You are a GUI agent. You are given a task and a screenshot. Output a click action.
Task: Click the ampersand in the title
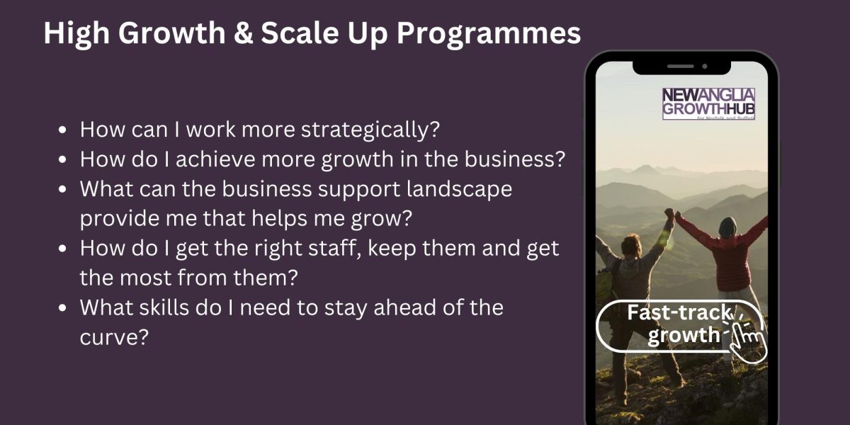coord(243,33)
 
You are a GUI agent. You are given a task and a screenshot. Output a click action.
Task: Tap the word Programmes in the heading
coord(489,34)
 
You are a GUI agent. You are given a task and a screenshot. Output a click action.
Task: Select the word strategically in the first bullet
coord(370,130)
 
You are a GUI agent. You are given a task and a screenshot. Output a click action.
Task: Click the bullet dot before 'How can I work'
coord(63,130)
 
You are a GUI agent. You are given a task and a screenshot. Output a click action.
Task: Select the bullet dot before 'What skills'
coord(63,307)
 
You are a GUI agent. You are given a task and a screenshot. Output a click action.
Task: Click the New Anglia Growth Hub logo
coord(708,103)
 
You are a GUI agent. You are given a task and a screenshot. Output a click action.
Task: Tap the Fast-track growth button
coord(679,326)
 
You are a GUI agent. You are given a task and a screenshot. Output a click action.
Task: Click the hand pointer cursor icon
coord(747,339)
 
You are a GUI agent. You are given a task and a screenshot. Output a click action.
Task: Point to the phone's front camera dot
coord(705,67)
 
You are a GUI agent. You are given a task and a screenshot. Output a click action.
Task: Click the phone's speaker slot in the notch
coord(681,67)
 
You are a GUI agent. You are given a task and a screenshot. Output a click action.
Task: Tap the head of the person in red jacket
coord(727,227)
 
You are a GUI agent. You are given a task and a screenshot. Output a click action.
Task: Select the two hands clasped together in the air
coord(671,215)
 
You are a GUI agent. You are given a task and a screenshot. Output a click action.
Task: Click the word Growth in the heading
coord(172,34)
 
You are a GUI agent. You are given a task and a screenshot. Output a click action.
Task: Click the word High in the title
coord(76,34)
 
